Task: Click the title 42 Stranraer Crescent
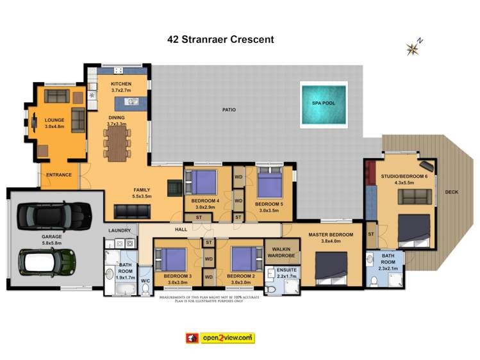pos(220,39)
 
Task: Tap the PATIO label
pos(229,110)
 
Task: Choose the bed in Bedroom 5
pos(270,186)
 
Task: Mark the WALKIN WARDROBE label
pos(283,252)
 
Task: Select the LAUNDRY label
pos(120,231)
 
